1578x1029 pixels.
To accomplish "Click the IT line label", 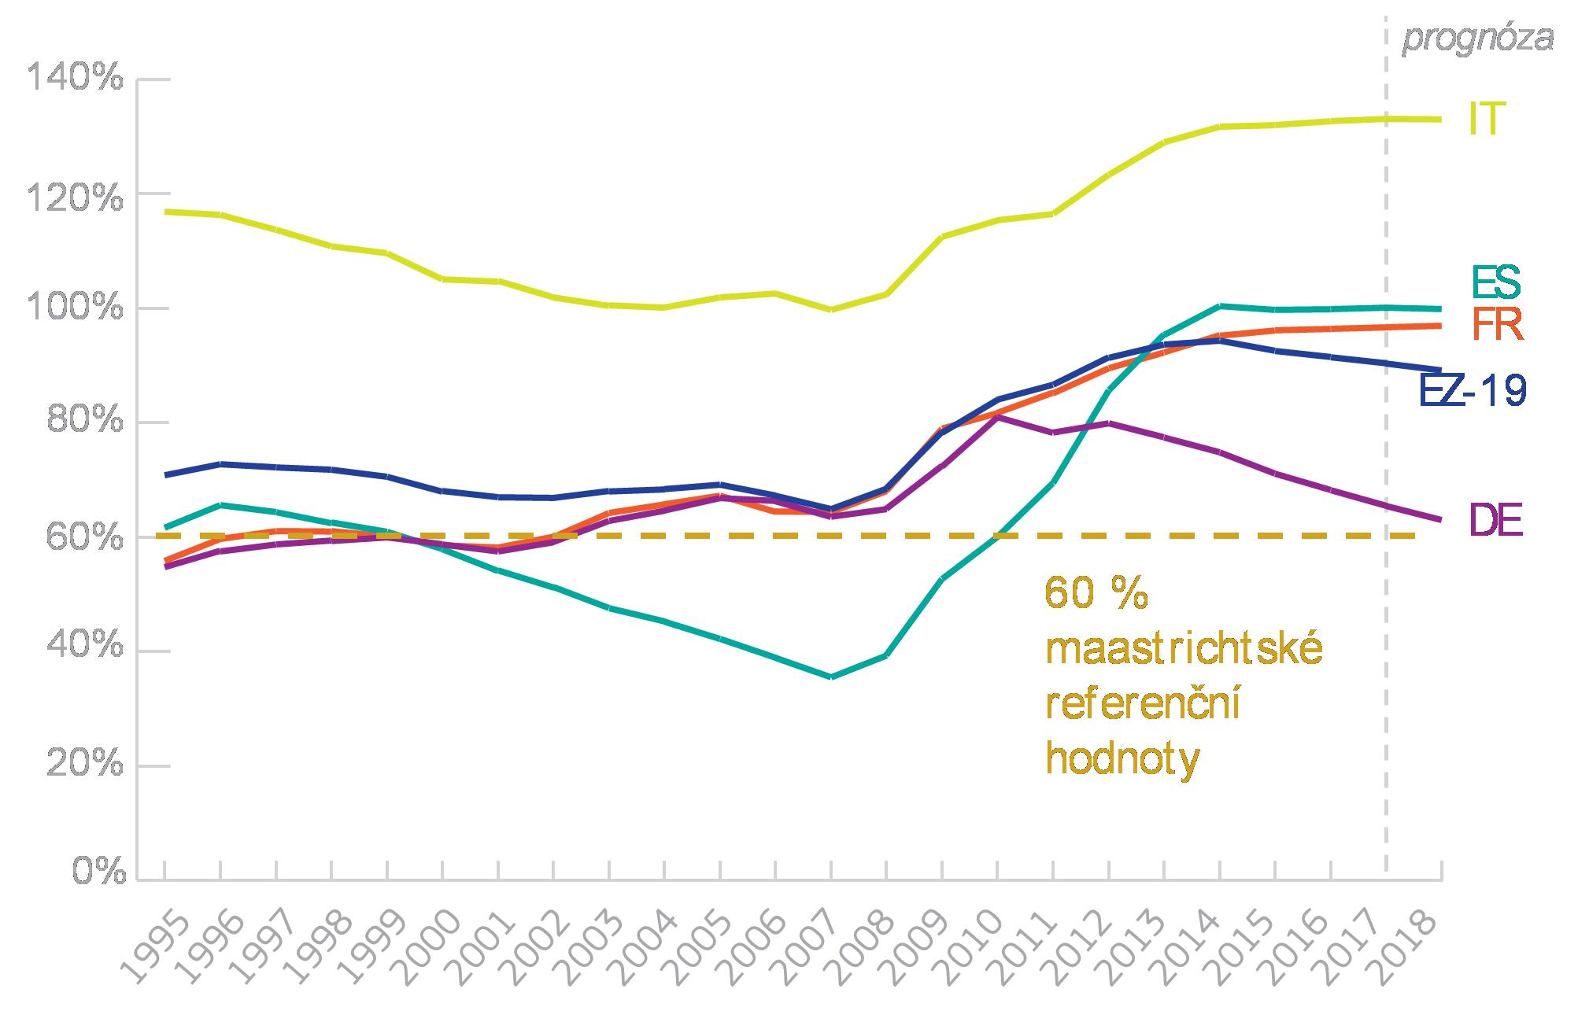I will (1487, 120).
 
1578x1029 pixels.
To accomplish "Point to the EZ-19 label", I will (1473, 390).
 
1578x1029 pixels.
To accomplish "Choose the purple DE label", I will (1496, 520).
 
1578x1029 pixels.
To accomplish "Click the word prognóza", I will (1478, 39).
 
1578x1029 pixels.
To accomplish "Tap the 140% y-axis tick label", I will (76, 79).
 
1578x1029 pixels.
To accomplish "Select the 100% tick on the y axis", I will (76, 308).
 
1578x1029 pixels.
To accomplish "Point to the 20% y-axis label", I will (82, 765).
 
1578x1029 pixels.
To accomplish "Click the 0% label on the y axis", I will (98, 872).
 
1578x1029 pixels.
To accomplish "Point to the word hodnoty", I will (1123, 759).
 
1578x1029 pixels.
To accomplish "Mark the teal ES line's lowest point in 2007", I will (831, 677).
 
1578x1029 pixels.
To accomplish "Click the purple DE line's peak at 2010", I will (997, 417).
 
